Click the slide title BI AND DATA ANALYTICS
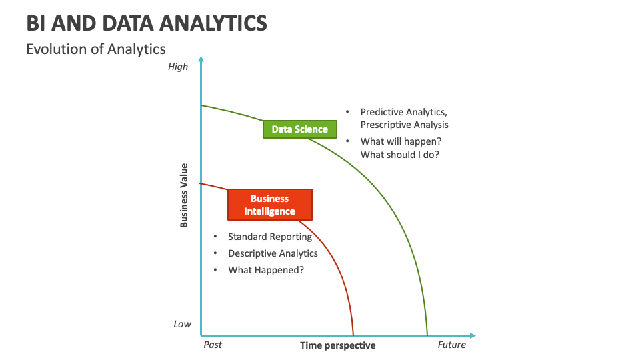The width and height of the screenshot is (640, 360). coord(147,23)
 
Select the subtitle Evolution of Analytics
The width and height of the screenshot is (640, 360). coord(95,49)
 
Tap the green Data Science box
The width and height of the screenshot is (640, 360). coord(299,129)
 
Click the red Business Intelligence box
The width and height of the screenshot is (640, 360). coord(269,205)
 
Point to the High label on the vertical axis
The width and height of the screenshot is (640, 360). coord(178,67)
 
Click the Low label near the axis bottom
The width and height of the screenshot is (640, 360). coord(182,324)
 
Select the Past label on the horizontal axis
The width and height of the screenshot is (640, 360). coord(212,345)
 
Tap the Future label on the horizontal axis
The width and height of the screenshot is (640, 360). coord(451,345)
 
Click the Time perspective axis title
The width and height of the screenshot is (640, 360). coord(337,345)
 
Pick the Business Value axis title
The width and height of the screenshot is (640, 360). coord(184,195)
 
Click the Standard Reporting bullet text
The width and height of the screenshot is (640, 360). coord(269,237)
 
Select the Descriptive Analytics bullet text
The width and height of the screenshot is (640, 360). coord(273,253)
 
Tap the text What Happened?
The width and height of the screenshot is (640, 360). coord(266,270)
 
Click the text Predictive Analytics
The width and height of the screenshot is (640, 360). coord(403,112)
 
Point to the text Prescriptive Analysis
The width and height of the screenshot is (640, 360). coord(404,125)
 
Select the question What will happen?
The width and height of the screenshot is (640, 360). coord(401,141)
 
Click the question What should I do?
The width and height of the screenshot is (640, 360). coord(399,155)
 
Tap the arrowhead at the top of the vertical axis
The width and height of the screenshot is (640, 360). coord(201,60)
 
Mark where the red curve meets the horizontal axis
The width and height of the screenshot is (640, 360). coord(353,335)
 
